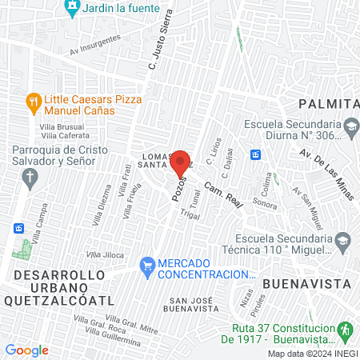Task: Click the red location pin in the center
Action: (180, 163)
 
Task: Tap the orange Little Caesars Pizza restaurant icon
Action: (33, 102)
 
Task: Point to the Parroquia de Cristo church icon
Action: (30, 177)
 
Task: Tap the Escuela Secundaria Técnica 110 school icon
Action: (343, 239)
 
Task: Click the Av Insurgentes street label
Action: (95, 43)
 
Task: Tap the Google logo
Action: (27, 350)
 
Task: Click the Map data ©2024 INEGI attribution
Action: (311, 354)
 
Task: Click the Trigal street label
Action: (189, 214)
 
